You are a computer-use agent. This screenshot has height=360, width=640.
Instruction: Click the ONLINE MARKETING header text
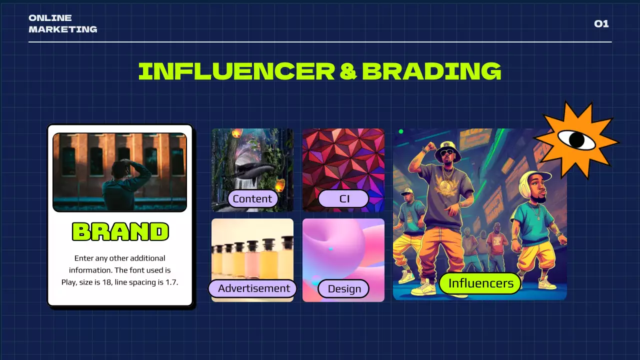tap(62, 24)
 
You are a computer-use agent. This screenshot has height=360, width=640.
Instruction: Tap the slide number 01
tap(601, 24)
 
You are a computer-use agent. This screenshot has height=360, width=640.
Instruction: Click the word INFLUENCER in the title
tap(236, 71)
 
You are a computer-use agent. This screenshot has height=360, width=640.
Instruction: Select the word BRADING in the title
tap(431, 71)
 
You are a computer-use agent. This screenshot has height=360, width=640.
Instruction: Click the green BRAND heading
tap(120, 231)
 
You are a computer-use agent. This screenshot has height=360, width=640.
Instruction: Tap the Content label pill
tap(252, 199)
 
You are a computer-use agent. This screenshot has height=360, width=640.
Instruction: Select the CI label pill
tap(344, 199)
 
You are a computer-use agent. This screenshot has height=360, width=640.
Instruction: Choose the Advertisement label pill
tap(253, 288)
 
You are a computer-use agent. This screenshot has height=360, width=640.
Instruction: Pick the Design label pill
tap(344, 289)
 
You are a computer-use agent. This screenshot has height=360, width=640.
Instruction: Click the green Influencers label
tap(480, 283)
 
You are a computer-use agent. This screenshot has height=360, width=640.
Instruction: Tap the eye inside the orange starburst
tap(576, 139)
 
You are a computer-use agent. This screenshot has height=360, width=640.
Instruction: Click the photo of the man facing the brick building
tap(119, 172)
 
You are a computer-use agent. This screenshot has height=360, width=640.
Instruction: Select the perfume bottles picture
tap(252, 252)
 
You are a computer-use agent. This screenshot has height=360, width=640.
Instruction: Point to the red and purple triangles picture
tap(343, 160)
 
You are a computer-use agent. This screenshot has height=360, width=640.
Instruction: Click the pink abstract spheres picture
tap(343, 250)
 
